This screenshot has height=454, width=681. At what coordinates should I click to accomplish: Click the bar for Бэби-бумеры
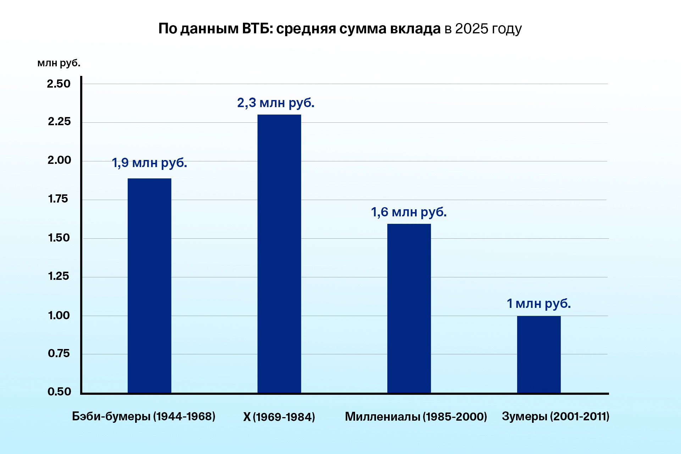(x=149, y=286)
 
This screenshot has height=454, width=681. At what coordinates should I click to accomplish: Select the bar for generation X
(x=279, y=254)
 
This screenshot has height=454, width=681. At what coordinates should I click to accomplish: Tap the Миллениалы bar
(x=409, y=308)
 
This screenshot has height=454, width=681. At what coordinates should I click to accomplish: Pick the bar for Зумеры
(x=539, y=354)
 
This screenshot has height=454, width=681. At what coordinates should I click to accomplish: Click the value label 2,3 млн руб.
(x=276, y=103)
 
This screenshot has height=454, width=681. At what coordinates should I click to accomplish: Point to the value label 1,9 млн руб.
(x=149, y=163)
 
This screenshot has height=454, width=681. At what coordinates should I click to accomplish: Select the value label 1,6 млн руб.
(x=409, y=212)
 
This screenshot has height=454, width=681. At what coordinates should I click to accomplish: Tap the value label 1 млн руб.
(x=538, y=304)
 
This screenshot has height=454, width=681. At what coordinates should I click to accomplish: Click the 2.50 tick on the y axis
(x=59, y=84)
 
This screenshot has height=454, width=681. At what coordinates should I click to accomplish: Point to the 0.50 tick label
(x=59, y=392)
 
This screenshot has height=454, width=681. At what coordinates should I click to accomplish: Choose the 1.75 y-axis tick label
(x=58, y=199)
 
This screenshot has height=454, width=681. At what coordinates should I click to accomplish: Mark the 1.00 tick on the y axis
(x=59, y=315)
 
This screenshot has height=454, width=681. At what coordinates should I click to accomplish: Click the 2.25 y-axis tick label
(x=59, y=122)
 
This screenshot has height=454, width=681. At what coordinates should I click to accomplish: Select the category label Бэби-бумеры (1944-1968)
(x=144, y=416)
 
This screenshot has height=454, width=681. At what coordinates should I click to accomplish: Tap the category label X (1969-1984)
(x=279, y=417)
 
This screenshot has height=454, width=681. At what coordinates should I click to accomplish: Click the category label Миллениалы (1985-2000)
(x=416, y=416)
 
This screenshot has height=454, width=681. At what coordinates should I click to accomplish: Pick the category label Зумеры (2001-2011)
(x=555, y=416)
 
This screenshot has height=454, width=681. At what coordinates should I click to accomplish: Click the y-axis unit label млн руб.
(x=59, y=63)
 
